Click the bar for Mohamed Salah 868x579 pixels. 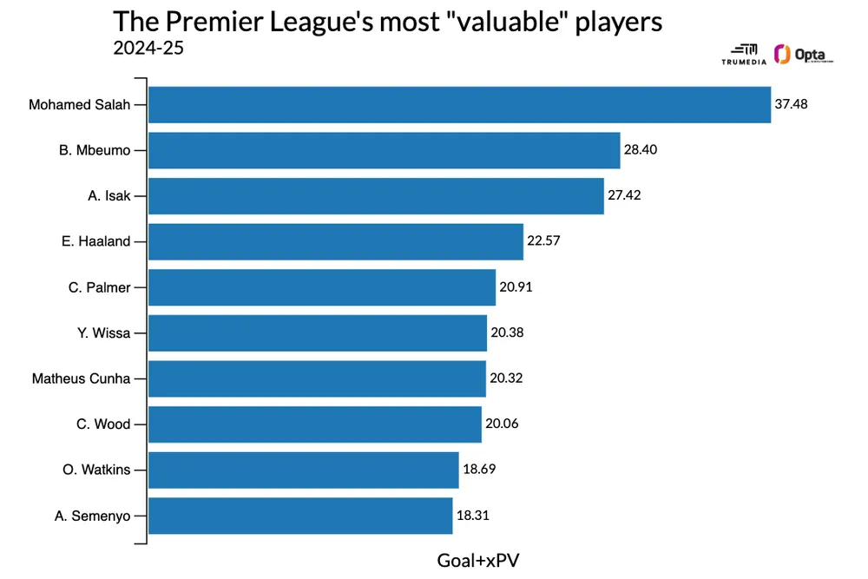click(x=460, y=105)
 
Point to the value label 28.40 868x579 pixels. click(x=641, y=150)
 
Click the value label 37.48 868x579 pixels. click(x=792, y=105)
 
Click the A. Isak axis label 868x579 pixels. click(x=109, y=196)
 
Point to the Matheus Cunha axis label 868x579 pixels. click(x=81, y=378)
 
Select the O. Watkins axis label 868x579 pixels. click(x=96, y=470)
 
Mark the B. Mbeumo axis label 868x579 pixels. click(x=95, y=150)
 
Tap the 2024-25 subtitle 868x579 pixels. click(x=148, y=47)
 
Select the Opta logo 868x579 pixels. click(x=803, y=56)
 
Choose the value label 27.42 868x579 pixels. click(x=624, y=196)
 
